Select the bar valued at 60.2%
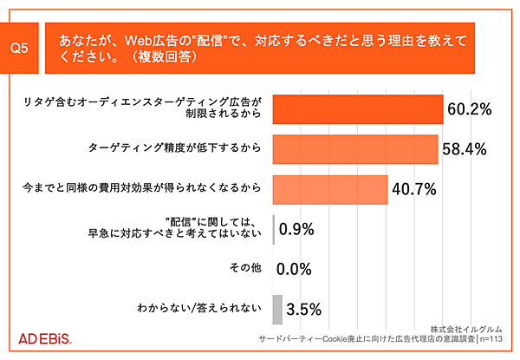click(x=358, y=110)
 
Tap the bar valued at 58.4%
click(x=355, y=148)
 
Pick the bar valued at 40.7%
click(x=329, y=188)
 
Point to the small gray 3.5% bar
click(x=277, y=308)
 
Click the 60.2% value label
click(x=470, y=110)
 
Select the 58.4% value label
click(x=465, y=148)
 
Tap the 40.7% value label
click(x=413, y=188)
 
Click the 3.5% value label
click(x=304, y=308)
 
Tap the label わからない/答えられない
click(x=198, y=307)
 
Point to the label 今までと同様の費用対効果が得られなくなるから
click(x=140, y=187)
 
